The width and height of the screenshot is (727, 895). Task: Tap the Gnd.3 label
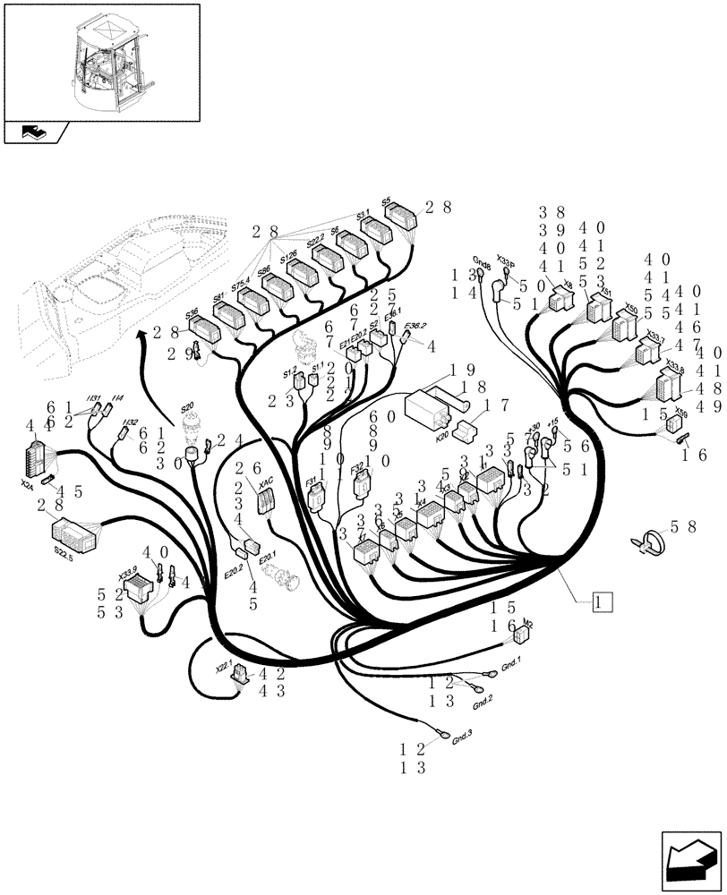click(462, 738)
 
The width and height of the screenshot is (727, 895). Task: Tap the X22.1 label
click(223, 667)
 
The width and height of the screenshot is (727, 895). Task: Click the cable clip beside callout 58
click(652, 542)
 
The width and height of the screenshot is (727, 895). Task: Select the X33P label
click(506, 260)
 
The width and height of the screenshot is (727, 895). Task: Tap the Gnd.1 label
click(510, 666)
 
